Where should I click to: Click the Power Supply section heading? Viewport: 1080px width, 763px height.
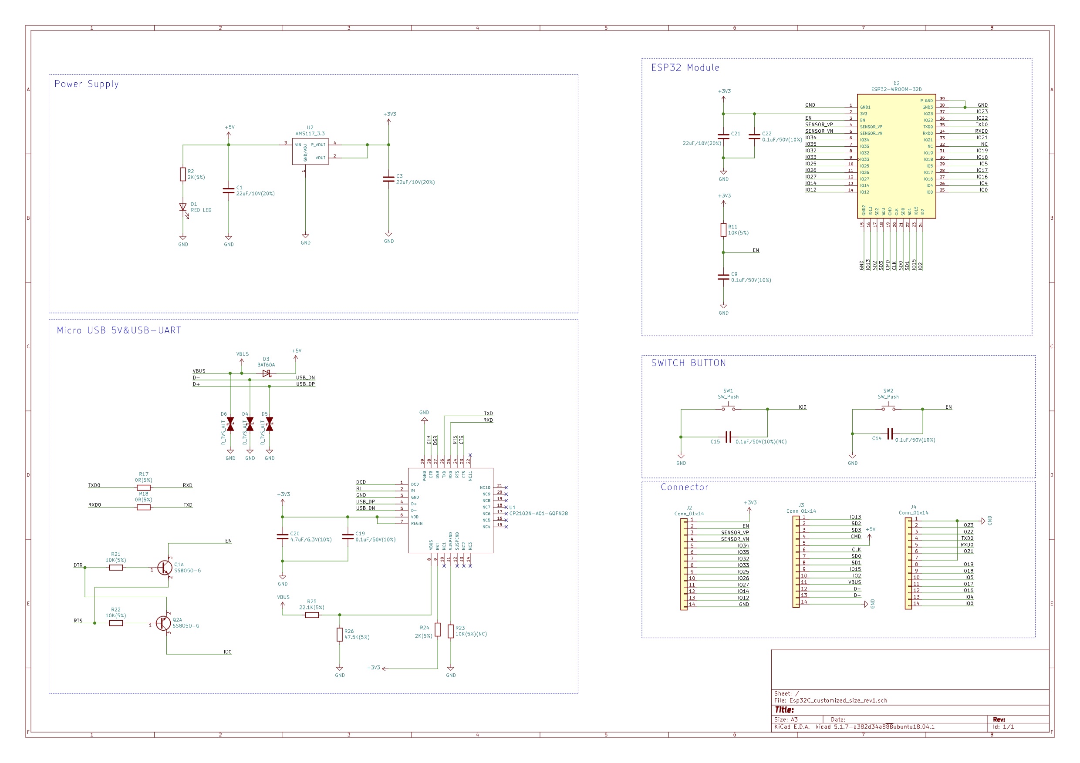point(87,84)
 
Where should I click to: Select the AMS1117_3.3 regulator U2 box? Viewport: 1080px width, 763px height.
point(310,151)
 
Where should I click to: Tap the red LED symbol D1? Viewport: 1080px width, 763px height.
point(183,207)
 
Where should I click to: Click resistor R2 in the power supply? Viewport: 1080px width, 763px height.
point(182,175)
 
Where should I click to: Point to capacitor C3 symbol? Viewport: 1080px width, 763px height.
point(388,179)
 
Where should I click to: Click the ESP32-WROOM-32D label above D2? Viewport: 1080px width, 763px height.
point(896,89)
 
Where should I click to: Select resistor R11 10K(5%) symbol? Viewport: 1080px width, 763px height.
point(723,230)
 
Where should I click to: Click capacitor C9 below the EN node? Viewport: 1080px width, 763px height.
point(723,277)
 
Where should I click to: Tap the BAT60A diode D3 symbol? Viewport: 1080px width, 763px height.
point(267,373)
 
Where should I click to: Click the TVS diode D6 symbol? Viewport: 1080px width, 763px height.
point(230,424)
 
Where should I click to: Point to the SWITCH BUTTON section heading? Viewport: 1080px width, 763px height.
point(688,363)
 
